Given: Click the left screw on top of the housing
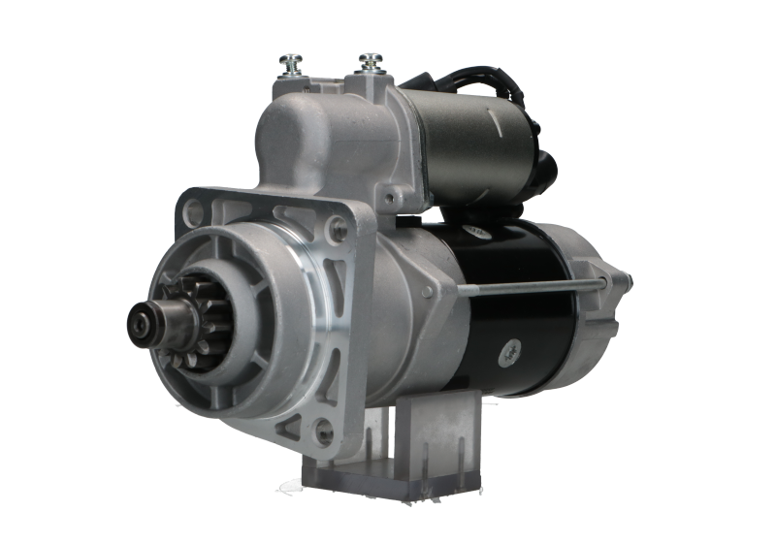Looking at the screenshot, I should tap(288, 63).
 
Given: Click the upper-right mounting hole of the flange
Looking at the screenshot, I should tap(336, 229).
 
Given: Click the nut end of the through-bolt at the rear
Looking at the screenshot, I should tap(603, 282).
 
